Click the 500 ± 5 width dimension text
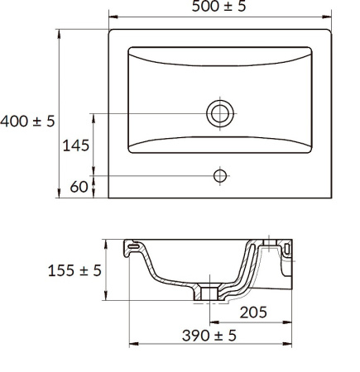tap(218, 6)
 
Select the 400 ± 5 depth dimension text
tap(27, 122)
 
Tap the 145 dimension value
tap(76, 145)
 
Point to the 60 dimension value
tap(79, 187)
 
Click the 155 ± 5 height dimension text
tap(74, 270)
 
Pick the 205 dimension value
tap(253, 312)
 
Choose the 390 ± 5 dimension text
tap(209, 336)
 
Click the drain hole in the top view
tap(220, 113)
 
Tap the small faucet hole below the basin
tap(220, 176)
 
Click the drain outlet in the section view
tap(210, 293)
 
